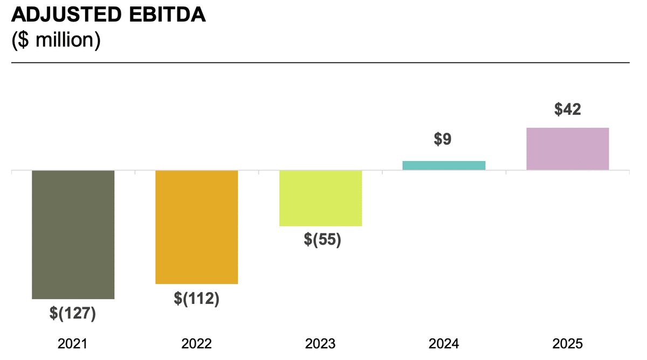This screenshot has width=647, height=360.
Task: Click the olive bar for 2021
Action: pyautogui.click(x=73, y=235)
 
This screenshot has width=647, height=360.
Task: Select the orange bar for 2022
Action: pyautogui.click(x=197, y=227)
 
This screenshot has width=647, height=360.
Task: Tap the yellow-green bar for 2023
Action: pyautogui.click(x=321, y=198)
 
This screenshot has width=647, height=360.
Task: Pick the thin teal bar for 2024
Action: pyautogui.click(x=444, y=165)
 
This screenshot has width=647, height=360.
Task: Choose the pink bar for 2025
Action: pyautogui.click(x=568, y=149)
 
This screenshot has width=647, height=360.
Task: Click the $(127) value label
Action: pyautogui.click(x=72, y=313)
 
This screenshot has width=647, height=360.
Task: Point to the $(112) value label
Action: pyautogui.click(x=196, y=298)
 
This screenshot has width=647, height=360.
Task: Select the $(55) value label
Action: pyautogui.click(x=322, y=239)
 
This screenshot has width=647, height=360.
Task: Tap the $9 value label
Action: pyautogui.click(x=442, y=139)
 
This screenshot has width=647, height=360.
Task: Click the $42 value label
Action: pyautogui.click(x=568, y=109)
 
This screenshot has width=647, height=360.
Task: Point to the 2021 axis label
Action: pyautogui.click(x=72, y=344)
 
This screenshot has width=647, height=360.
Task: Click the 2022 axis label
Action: pyautogui.click(x=196, y=344)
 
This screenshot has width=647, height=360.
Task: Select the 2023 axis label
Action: pyautogui.click(x=320, y=344)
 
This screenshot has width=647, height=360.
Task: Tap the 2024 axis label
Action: pyautogui.click(x=444, y=344)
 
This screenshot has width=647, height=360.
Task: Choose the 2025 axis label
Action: pyautogui.click(x=568, y=344)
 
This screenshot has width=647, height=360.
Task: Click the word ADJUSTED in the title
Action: pyautogui.click(x=66, y=15)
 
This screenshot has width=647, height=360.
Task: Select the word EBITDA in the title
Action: pyautogui.click(x=168, y=15)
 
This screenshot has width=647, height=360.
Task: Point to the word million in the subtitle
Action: pyautogui.click(x=64, y=39)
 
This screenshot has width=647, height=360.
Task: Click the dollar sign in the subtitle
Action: pyautogui.click(x=23, y=40)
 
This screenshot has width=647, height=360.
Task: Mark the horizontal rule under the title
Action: pyautogui.click(x=320, y=63)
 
